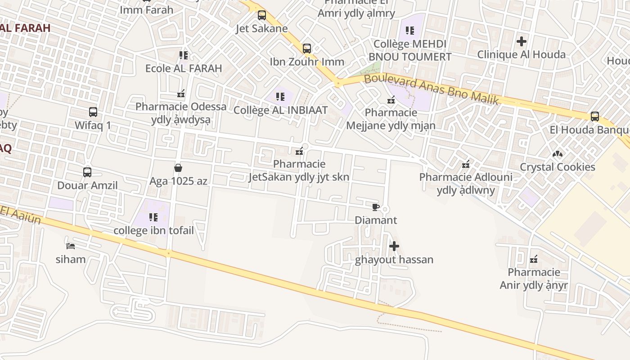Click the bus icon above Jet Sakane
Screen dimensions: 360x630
tap(261, 15)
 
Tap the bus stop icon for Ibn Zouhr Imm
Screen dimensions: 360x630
tap(307, 48)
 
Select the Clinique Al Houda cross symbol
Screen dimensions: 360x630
tap(522, 41)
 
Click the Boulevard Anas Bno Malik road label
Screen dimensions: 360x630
tap(431, 89)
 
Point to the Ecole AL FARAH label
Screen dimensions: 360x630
tap(184, 68)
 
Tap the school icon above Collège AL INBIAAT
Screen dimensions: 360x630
tap(280, 96)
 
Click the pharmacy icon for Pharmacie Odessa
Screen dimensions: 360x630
tap(181, 94)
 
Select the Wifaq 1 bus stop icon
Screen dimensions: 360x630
tap(93, 112)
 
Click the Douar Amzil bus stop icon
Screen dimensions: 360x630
tap(87, 172)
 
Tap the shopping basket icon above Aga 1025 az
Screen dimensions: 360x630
tap(178, 168)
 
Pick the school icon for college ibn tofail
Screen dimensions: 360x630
tap(153, 217)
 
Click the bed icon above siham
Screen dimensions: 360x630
tap(71, 246)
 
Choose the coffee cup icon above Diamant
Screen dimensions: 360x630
tap(376, 207)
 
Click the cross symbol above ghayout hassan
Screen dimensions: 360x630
tap(394, 246)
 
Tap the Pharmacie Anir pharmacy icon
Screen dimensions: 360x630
tap(534, 259)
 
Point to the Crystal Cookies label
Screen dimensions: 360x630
tap(558, 167)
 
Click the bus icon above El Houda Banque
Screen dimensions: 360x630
tap(595, 117)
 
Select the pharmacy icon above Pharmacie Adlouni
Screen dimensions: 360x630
tap(466, 164)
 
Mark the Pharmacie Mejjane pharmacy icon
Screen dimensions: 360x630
tap(391, 99)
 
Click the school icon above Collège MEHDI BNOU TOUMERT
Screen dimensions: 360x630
tap(410, 31)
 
